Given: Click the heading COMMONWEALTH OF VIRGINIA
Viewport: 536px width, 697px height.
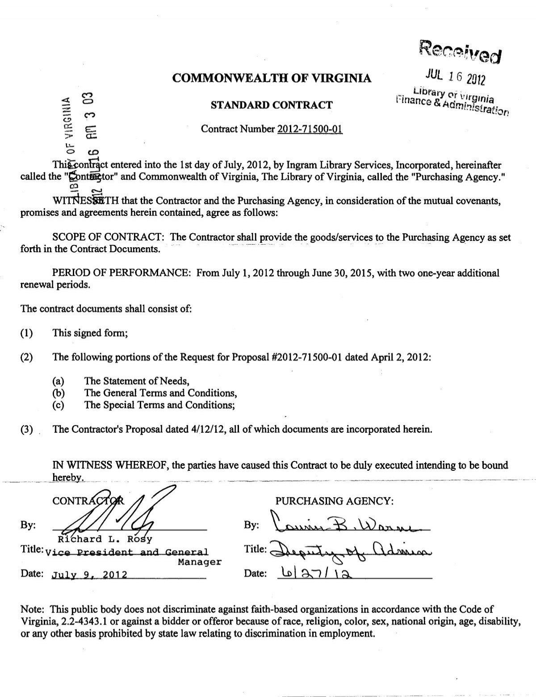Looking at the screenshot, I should pos(272,79).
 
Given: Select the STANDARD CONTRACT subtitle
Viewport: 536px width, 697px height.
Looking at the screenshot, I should pos(272,106).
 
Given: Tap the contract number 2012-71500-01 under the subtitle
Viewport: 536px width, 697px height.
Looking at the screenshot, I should pos(310,129).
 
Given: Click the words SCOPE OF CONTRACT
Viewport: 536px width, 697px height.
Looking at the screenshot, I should pos(110,237).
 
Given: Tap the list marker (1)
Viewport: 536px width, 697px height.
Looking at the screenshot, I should pos(27,333).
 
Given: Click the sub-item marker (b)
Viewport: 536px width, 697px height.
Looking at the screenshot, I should pos(59,393).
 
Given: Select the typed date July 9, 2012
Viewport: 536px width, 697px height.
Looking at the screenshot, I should pos(89,575).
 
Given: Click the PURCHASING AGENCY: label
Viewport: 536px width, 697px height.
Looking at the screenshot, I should pos(335,501).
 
